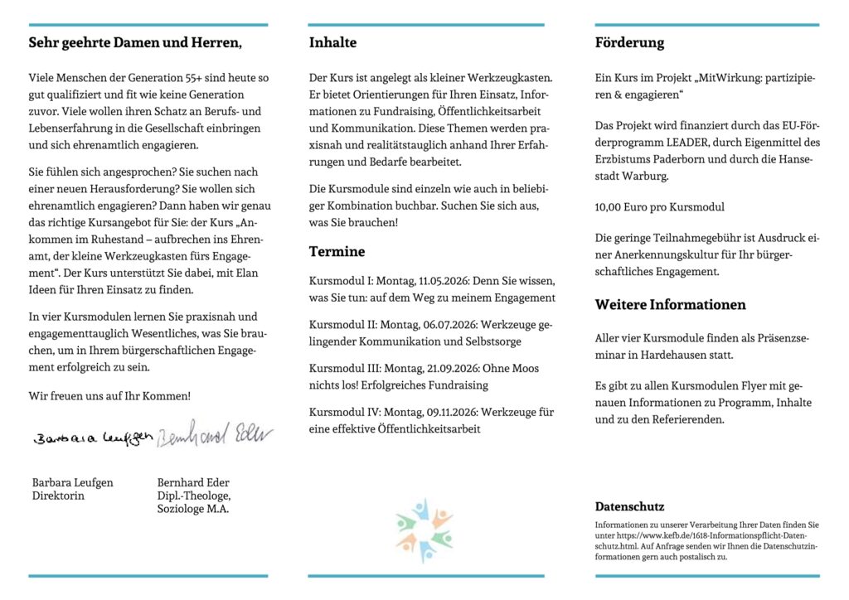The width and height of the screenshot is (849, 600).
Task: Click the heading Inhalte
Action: click(332, 42)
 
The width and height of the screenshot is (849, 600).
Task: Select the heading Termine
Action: click(337, 251)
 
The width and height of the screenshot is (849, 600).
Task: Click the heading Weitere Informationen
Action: click(670, 304)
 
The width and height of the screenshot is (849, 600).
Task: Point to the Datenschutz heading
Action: click(629, 506)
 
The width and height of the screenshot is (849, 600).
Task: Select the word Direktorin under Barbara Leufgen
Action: click(58, 496)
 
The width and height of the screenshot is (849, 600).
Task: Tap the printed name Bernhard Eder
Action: click(193, 482)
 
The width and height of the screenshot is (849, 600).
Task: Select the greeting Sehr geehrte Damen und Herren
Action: click(135, 42)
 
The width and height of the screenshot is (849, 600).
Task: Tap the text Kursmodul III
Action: click(343, 368)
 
